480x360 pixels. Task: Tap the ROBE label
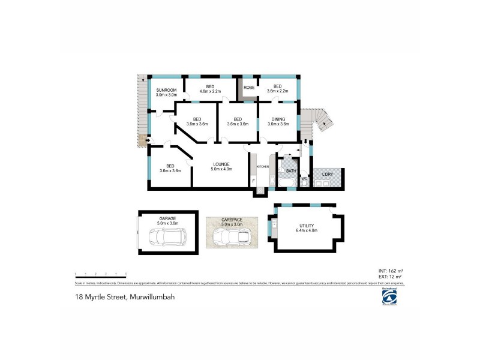248,88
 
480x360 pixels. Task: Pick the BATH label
291,171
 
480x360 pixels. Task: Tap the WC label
305,179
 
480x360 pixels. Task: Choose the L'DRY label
327,174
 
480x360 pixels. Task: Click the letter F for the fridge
254,181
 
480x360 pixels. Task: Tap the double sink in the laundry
322,184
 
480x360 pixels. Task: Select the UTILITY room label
308,227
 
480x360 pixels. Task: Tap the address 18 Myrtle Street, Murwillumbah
125,296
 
